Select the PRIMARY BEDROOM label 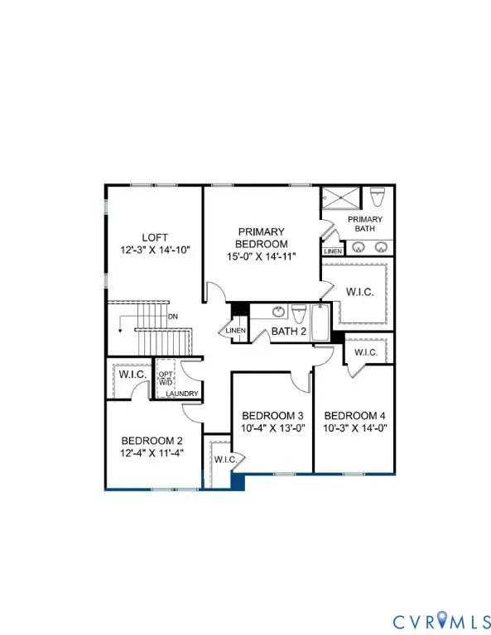[x=262, y=237]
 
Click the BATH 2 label [x=289, y=332]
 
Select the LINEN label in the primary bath [x=333, y=251]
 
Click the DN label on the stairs [x=173, y=316]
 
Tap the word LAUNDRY [x=181, y=394]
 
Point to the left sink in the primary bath [x=358, y=246]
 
